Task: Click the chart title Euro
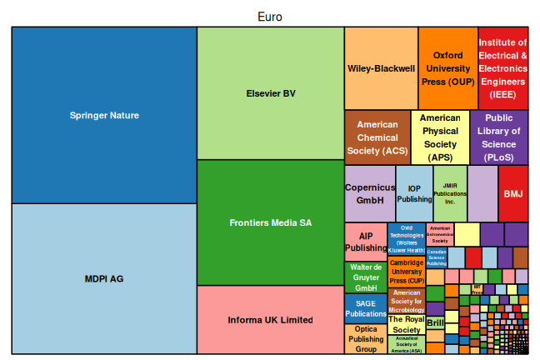pyautogui.click(x=270, y=17)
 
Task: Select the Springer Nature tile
pyautogui.click(x=104, y=115)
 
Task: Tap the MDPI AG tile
pyautogui.click(x=104, y=278)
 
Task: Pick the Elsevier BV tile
pyautogui.click(x=271, y=93)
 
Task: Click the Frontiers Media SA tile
pyautogui.click(x=271, y=222)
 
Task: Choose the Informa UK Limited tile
pyautogui.click(x=271, y=320)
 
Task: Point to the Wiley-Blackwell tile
pyautogui.click(x=381, y=68)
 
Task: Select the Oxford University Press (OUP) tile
pyautogui.click(x=447, y=68)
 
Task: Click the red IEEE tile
pyautogui.click(x=503, y=68)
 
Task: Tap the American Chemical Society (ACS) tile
pyautogui.click(x=377, y=137)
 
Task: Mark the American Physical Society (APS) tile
pyautogui.click(x=440, y=137)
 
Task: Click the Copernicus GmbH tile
pyautogui.click(x=370, y=193)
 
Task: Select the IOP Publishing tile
pyautogui.click(x=414, y=193)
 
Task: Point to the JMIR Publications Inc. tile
pyautogui.click(x=450, y=193)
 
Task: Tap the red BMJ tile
pyautogui.click(x=513, y=193)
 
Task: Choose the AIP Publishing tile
pyautogui.click(x=365, y=242)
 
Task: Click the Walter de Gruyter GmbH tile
pyautogui.click(x=366, y=277)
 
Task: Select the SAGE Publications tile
pyautogui.click(x=366, y=308)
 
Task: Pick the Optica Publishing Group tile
pyautogui.click(x=366, y=339)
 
